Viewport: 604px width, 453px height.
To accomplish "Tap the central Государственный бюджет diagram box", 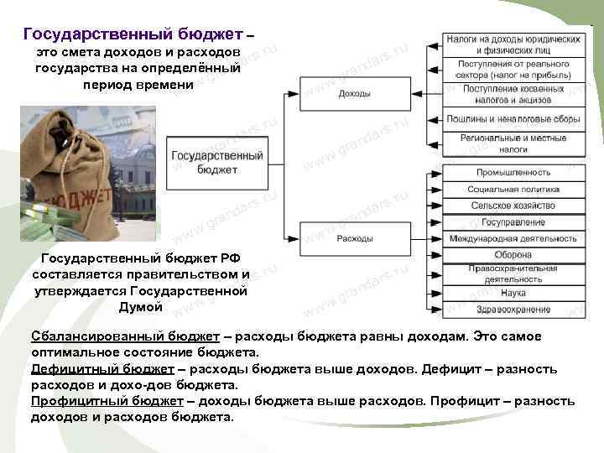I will click(216, 162).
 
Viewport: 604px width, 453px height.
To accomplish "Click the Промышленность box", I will click(513, 173).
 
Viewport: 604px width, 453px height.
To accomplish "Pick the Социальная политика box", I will click(513, 190).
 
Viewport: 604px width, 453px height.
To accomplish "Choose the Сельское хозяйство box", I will click(513, 206).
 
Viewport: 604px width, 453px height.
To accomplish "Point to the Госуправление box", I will click(513, 222).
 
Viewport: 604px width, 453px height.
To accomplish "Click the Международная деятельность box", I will click(513, 239).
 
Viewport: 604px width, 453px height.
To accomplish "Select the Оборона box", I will click(513, 255).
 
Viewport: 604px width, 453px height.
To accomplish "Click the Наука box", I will click(513, 293).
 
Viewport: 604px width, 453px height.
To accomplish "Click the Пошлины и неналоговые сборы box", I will click(513, 118).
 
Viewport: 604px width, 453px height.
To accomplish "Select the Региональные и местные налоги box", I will click(513, 143).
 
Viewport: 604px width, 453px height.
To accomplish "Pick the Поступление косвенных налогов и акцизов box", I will click(513, 93).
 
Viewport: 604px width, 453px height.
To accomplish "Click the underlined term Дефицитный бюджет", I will click(102, 369).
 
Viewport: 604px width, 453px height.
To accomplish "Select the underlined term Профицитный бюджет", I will click(107, 401).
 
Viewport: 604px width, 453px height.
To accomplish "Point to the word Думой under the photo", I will click(140, 308).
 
